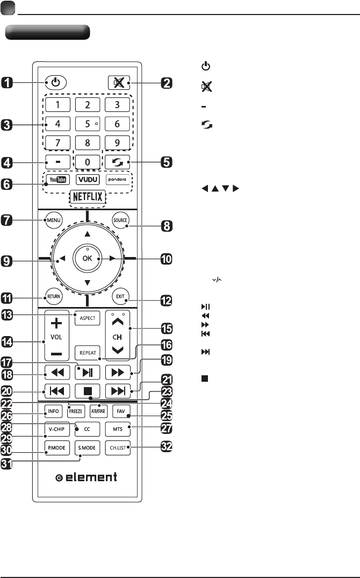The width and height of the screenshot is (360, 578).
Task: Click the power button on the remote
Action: point(56,83)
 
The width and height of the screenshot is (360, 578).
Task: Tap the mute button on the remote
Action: point(118,83)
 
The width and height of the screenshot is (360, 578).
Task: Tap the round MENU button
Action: point(54,220)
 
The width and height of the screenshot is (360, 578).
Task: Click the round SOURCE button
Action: point(119,220)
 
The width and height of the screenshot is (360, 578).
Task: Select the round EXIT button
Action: point(119,296)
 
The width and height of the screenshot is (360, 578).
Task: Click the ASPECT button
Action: point(87,318)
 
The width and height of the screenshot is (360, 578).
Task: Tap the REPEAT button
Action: point(87,353)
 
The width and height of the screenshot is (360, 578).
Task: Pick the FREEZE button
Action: point(77,413)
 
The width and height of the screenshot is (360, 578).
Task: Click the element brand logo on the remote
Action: point(87,477)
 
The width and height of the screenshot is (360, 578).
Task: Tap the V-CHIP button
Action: point(56,430)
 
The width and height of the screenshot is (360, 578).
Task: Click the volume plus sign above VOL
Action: point(57,324)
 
